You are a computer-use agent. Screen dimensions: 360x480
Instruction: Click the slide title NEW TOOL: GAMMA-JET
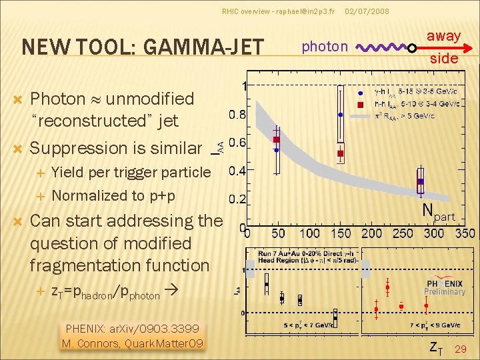click(143, 47)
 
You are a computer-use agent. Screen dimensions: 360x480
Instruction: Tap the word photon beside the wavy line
click(325, 46)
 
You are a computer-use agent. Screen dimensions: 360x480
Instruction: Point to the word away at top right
click(444, 36)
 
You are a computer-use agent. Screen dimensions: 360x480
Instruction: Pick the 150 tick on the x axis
click(341, 234)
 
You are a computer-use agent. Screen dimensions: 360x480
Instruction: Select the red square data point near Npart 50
click(277, 139)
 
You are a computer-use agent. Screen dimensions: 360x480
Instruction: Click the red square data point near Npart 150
click(340, 153)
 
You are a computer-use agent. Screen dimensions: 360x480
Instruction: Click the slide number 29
click(460, 349)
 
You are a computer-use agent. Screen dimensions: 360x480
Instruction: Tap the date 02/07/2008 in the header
click(367, 11)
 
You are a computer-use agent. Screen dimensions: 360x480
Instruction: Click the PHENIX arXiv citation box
click(133, 336)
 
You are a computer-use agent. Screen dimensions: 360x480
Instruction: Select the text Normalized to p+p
click(113, 195)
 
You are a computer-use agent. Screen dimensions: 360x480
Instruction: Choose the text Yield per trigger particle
click(131, 172)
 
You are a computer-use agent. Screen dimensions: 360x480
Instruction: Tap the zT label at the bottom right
click(435, 347)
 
